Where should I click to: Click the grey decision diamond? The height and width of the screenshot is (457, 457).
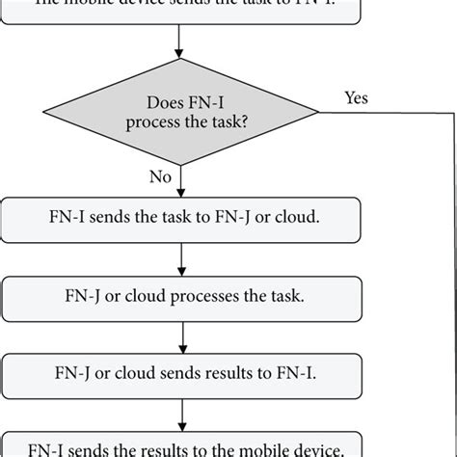click(x=181, y=111)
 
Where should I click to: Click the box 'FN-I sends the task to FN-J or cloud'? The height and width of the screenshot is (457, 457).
click(x=181, y=220)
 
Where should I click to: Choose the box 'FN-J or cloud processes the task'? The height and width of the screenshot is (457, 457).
click(x=181, y=299)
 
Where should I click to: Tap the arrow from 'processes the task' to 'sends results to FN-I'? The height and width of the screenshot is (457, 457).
click(x=181, y=337)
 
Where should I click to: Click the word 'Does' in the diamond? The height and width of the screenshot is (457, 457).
click(x=165, y=101)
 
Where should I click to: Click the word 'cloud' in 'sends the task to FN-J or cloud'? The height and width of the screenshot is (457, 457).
click(x=294, y=220)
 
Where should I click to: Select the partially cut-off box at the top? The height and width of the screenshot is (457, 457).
click(x=181, y=8)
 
